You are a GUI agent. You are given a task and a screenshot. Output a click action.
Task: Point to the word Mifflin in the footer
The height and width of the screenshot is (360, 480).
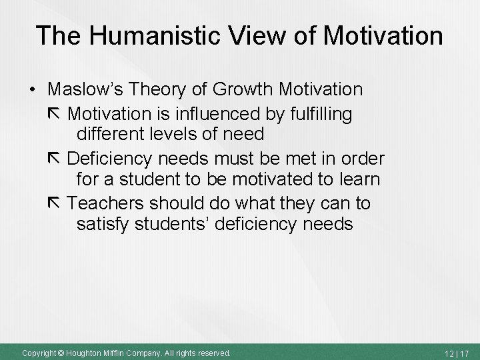pos(116,352)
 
